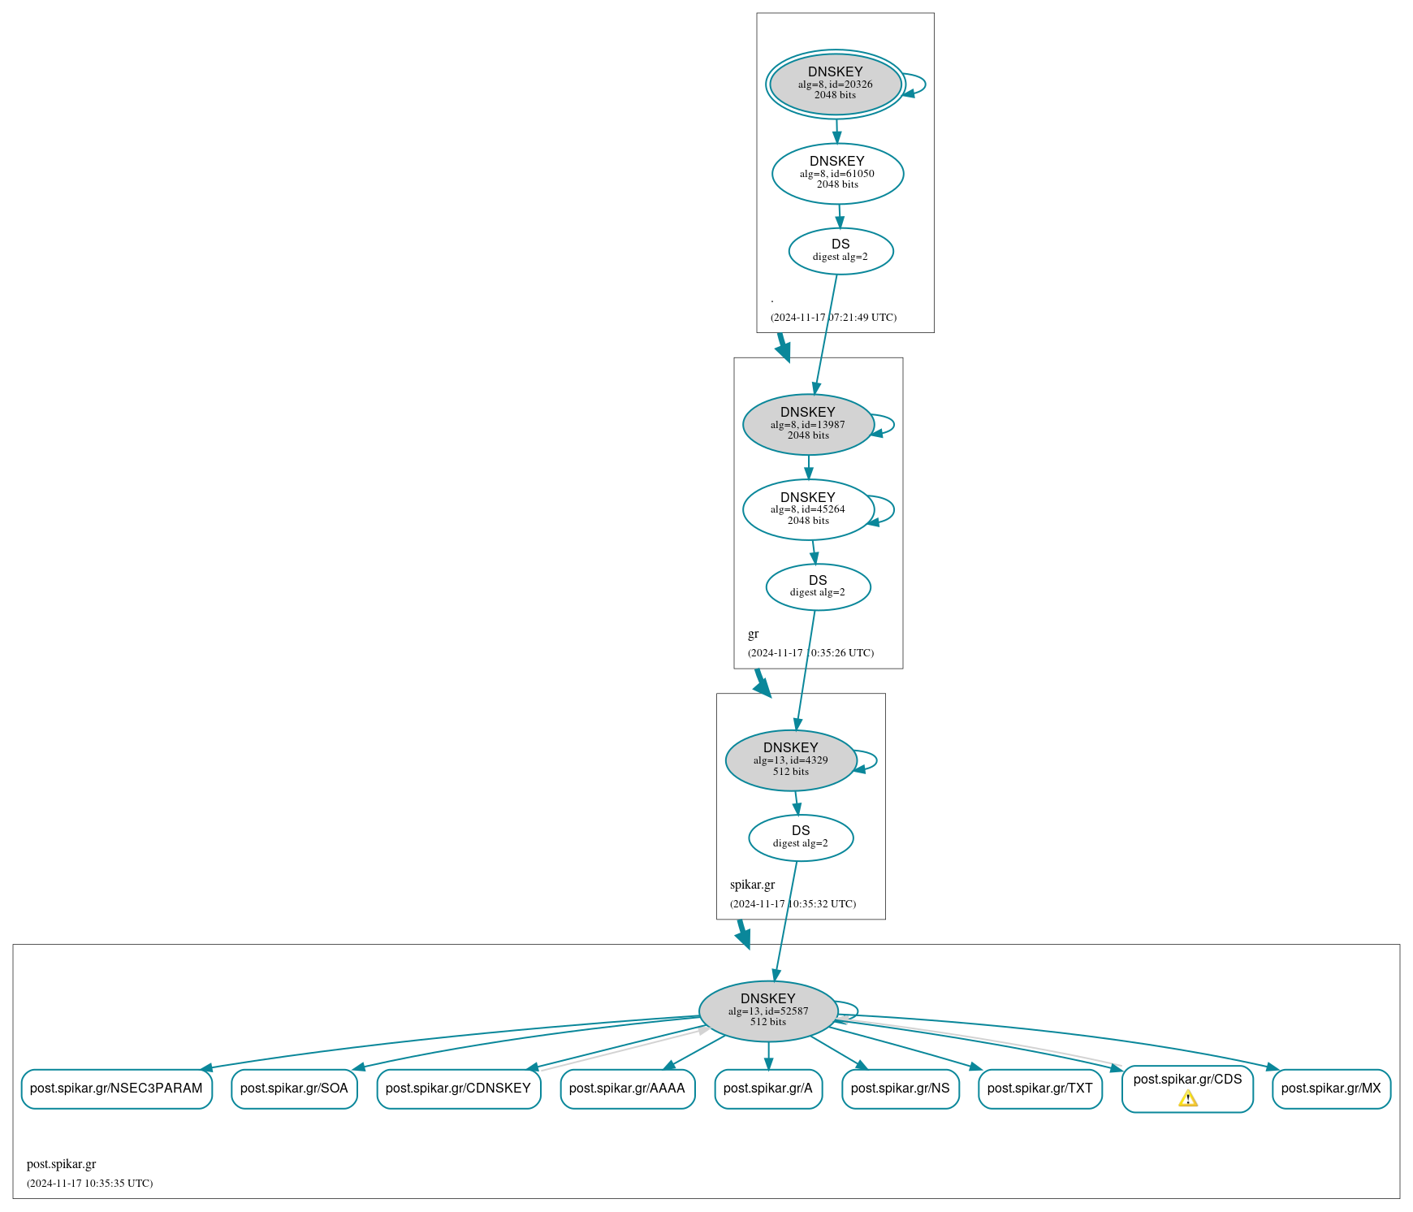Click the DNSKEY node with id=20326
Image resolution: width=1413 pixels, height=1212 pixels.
click(835, 84)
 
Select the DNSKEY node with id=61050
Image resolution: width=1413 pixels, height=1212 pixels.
click(837, 173)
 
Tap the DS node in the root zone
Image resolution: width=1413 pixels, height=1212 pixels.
click(840, 251)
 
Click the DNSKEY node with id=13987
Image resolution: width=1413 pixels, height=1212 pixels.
click(808, 424)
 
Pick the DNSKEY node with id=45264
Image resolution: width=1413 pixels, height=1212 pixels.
click(808, 509)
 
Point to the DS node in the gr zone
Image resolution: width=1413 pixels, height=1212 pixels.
click(818, 587)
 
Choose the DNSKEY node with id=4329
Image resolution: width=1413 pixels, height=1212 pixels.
click(790, 760)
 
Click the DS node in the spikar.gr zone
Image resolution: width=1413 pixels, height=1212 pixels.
click(801, 838)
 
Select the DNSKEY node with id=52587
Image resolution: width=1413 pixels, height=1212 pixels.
click(768, 1011)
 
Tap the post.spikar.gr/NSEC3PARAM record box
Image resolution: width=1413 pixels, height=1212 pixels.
click(116, 1089)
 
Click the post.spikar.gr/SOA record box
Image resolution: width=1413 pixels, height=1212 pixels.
click(294, 1089)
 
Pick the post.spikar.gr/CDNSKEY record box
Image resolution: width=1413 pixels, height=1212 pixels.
click(458, 1089)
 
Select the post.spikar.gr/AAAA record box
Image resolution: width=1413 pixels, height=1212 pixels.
click(627, 1089)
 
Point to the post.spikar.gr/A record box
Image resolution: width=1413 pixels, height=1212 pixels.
click(768, 1089)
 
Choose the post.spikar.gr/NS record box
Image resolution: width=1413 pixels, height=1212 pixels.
click(900, 1089)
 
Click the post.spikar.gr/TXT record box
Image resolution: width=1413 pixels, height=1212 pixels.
click(1039, 1089)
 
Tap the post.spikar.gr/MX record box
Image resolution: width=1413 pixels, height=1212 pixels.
click(1331, 1089)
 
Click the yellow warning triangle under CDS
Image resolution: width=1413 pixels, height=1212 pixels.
click(1188, 1099)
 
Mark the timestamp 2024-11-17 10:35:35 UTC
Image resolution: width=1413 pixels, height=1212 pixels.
click(89, 1184)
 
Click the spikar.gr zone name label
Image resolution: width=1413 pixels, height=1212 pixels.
click(752, 885)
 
